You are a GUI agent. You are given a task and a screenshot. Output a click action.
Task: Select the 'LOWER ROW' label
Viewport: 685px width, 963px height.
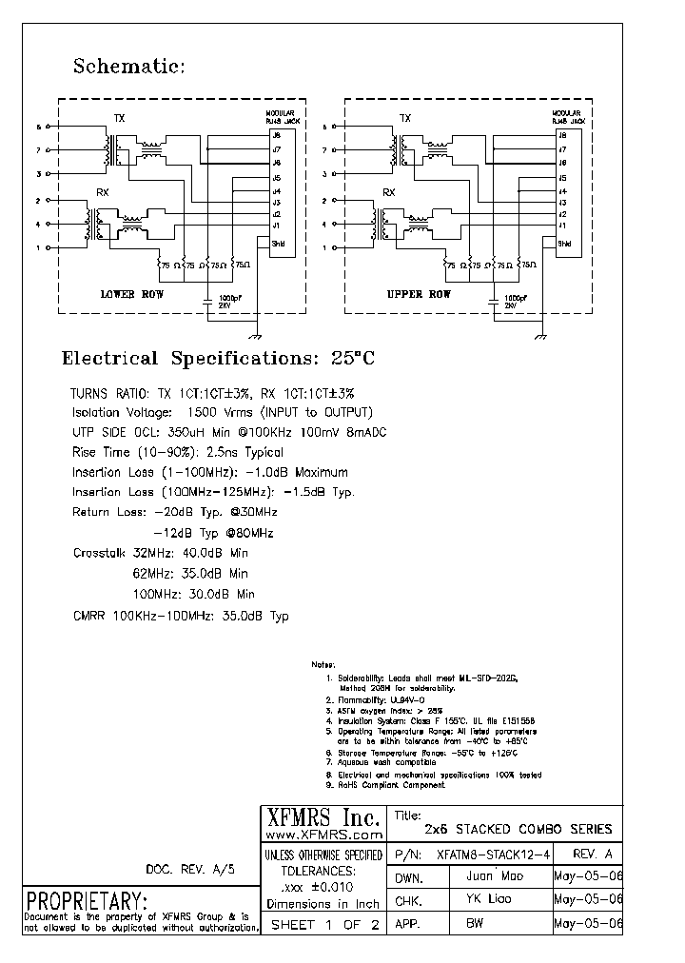click(x=132, y=295)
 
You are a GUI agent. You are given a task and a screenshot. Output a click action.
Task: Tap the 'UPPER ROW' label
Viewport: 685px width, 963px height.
click(x=419, y=295)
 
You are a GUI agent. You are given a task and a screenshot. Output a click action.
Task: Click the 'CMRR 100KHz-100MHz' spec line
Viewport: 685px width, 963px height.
click(x=181, y=616)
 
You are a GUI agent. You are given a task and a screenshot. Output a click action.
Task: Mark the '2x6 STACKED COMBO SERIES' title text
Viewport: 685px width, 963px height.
click(x=519, y=830)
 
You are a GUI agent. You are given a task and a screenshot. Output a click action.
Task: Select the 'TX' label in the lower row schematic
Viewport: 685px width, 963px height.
click(x=120, y=118)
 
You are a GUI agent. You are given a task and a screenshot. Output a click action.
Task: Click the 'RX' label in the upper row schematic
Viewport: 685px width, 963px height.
click(x=388, y=192)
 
